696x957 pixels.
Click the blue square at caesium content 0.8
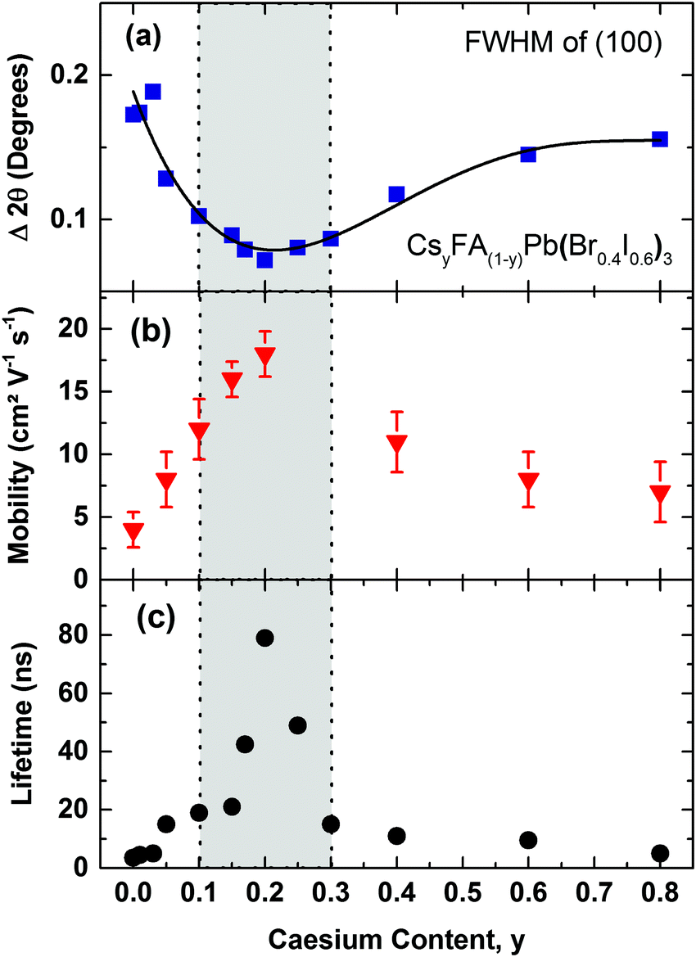coord(660,139)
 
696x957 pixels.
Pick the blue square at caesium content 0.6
coord(528,154)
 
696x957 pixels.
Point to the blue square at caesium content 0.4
coord(397,194)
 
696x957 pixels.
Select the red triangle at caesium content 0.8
coord(660,494)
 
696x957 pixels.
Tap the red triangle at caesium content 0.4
coord(397,444)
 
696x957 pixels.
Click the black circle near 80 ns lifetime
coord(264,638)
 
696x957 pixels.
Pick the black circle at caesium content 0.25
coord(298,725)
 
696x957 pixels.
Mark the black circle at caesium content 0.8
coord(660,853)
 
